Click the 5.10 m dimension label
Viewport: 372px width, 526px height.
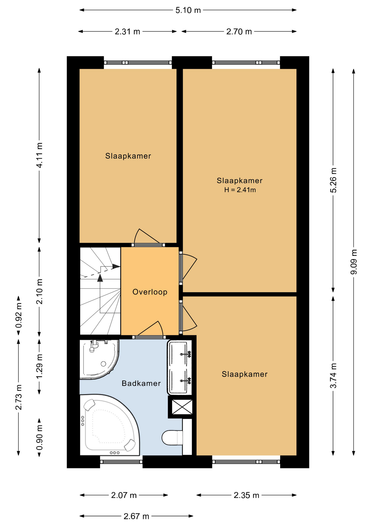tap(188, 10)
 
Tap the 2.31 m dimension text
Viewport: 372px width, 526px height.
tap(127, 32)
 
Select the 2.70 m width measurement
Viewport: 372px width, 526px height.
tap(239, 32)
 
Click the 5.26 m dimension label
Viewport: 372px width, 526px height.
tap(333, 180)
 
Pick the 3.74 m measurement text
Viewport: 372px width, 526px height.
tap(333, 376)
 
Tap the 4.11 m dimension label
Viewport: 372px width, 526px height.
tap(39, 155)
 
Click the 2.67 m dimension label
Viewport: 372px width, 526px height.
tap(136, 516)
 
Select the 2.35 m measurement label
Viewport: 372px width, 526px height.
tap(246, 495)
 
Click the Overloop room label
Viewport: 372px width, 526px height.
tap(150, 292)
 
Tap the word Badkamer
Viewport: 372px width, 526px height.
tap(141, 383)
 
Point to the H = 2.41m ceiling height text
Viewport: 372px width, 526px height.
tap(240, 190)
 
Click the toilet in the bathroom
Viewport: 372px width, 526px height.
tap(172, 438)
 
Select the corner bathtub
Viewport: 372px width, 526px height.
tap(110, 425)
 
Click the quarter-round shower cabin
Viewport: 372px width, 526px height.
tap(99, 359)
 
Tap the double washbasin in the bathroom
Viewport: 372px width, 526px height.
tap(179, 367)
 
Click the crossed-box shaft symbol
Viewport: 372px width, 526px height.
tap(182, 407)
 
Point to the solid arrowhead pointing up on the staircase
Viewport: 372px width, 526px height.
tap(100, 278)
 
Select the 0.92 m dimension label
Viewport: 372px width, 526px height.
tap(19, 315)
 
